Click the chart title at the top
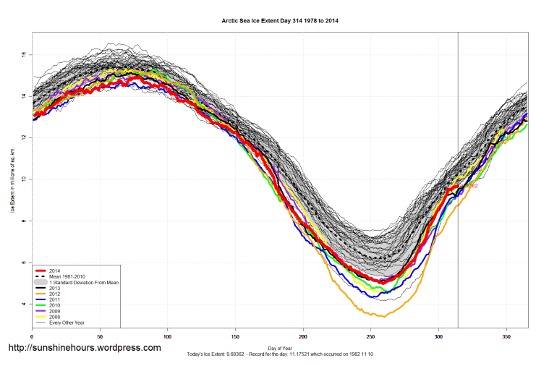[x=280, y=21]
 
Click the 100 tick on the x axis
[x=167, y=336]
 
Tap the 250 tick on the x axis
[x=370, y=336]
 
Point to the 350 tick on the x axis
[x=506, y=336]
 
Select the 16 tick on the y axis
[x=23, y=54]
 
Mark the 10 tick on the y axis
[x=23, y=179]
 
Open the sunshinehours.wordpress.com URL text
[x=84, y=348]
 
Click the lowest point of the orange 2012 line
[x=383, y=317]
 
